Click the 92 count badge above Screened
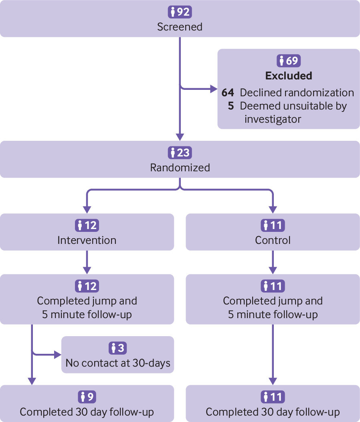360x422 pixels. point(180,12)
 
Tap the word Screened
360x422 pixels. point(180,27)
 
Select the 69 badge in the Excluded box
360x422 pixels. point(288,61)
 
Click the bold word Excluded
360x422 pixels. point(289,76)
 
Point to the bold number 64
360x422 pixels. point(228,93)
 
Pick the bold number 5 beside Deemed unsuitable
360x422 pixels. point(231,106)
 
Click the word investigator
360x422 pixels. point(273,119)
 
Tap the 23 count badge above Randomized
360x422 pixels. point(180,152)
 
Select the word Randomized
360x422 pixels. point(180,168)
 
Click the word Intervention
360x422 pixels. point(87,240)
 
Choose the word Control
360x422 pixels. point(273,240)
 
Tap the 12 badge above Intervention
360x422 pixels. point(87,225)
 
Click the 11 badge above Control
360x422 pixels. point(273,225)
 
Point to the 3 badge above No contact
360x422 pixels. point(117,348)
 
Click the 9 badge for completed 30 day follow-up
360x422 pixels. point(87,397)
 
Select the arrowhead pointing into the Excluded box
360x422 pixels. point(214,89)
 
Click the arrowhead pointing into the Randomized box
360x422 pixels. point(180,137)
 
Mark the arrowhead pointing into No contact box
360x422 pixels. point(58,355)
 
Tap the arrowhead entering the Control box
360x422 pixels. point(273,210)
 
